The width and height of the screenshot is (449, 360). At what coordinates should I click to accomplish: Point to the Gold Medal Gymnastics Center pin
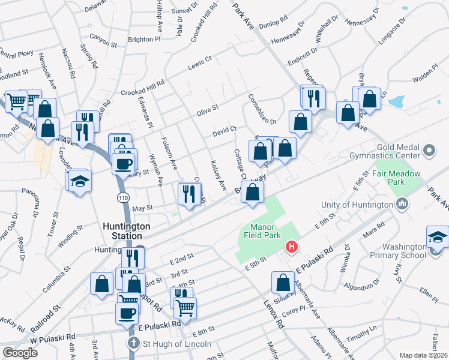pos(429,149)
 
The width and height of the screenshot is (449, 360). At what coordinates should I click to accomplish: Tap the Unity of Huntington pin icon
pos(402,204)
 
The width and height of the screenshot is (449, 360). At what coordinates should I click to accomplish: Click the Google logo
pos(20,352)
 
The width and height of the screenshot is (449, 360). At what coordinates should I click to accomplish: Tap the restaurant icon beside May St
pos(188,194)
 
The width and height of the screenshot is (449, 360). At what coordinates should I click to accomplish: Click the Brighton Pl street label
pos(144,39)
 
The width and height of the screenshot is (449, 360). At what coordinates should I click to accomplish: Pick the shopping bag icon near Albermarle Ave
pos(283,283)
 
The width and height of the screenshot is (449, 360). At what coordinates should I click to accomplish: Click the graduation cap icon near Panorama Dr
pos(78,181)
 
